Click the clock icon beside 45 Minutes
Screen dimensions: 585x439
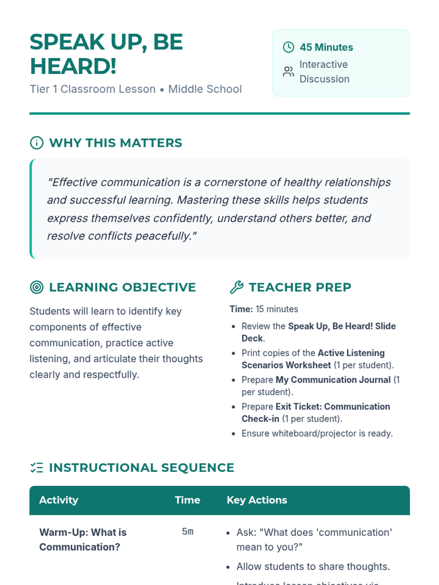point(288,47)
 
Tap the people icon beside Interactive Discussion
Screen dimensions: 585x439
point(288,71)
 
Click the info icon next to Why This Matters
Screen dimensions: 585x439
point(37,143)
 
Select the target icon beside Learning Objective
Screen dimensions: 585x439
point(37,287)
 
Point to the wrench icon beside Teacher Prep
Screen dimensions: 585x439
point(237,287)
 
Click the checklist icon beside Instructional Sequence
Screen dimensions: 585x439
point(37,468)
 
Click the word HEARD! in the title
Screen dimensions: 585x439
point(73,67)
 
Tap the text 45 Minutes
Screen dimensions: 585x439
point(326,47)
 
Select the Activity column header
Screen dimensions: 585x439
point(59,500)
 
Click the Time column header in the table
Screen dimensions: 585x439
point(187,500)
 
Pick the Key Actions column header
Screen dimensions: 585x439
point(257,500)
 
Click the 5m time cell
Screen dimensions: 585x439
point(188,532)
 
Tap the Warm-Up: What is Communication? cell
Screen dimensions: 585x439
point(83,539)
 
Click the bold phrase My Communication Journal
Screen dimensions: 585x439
point(333,380)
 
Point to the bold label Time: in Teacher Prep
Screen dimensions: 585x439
point(241,309)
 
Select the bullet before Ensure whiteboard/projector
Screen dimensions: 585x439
point(233,434)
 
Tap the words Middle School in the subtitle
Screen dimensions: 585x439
point(205,89)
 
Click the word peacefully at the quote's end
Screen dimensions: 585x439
point(163,236)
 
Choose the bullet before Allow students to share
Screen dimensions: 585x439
point(228,567)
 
